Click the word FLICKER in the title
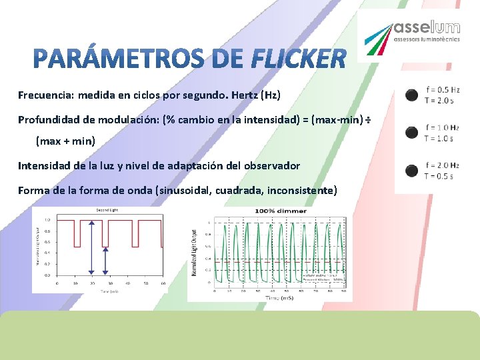tap(299, 59)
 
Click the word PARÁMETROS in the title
tap(117, 59)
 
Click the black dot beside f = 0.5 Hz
tap(412, 95)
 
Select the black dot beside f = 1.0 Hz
tap(412, 133)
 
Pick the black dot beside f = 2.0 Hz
tap(412, 170)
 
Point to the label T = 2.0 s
tap(439, 101)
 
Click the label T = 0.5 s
tap(439, 176)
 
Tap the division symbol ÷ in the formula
tap(367, 120)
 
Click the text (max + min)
tap(65, 141)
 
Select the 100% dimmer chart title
tap(280, 211)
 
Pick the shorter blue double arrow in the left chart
tap(105, 260)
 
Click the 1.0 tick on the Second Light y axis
tap(46, 219)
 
